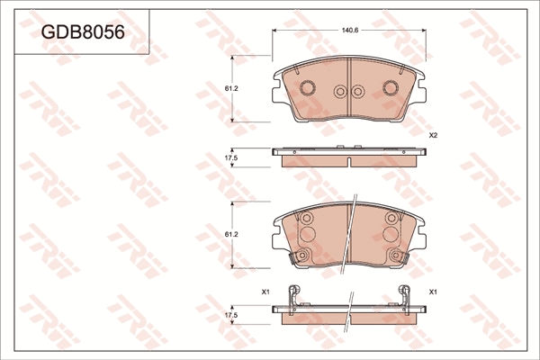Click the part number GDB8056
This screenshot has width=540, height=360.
click(83, 32)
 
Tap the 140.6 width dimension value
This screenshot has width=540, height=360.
click(350, 31)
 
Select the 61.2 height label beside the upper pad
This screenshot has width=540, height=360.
click(231, 88)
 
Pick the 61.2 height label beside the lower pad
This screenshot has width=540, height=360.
click(231, 234)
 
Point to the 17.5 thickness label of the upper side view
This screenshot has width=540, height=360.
click(231, 157)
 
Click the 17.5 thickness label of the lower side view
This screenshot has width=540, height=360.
click(231, 315)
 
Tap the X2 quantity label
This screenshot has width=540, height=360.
click(433, 136)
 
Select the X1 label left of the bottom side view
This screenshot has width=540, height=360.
click(265, 292)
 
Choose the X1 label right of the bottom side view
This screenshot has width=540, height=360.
click(433, 292)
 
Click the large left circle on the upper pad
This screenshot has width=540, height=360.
click(307, 87)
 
